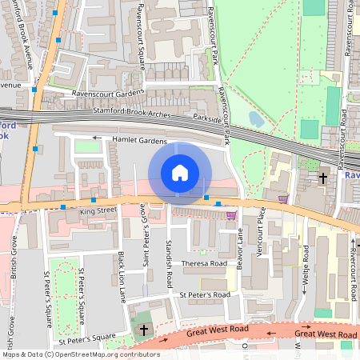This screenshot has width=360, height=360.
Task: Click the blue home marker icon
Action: [x=180, y=173]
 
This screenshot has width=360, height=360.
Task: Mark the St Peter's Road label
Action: [x=205, y=295]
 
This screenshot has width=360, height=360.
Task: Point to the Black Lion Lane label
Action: [x=122, y=276]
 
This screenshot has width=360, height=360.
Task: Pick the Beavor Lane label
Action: [x=240, y=247]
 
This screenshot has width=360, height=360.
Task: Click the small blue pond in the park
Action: [x=256, y=118]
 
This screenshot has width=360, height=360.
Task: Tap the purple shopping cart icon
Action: [x=282, y=198]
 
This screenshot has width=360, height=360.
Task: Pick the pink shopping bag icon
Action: [x=231, y=214]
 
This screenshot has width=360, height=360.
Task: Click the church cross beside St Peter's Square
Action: [x=144, y=329]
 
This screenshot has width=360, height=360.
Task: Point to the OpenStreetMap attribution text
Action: [x=81, y=354]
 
